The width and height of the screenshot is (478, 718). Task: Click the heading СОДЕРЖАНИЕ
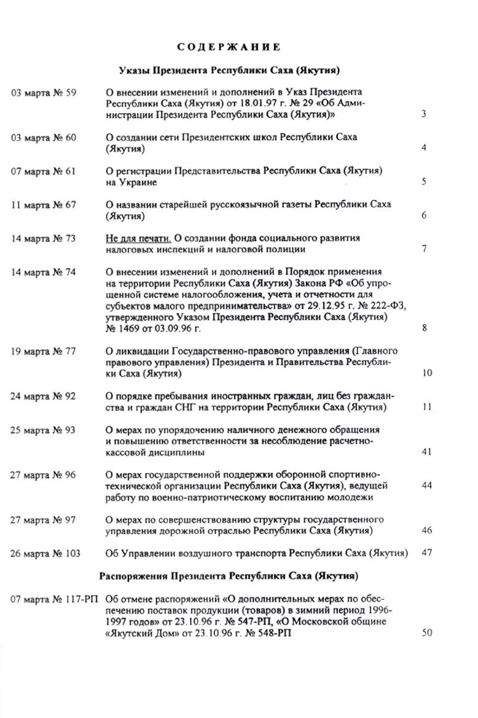[229, 46]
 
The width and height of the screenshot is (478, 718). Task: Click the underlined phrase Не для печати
[136, 238]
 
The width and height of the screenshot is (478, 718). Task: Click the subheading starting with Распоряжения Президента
[229, 576]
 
